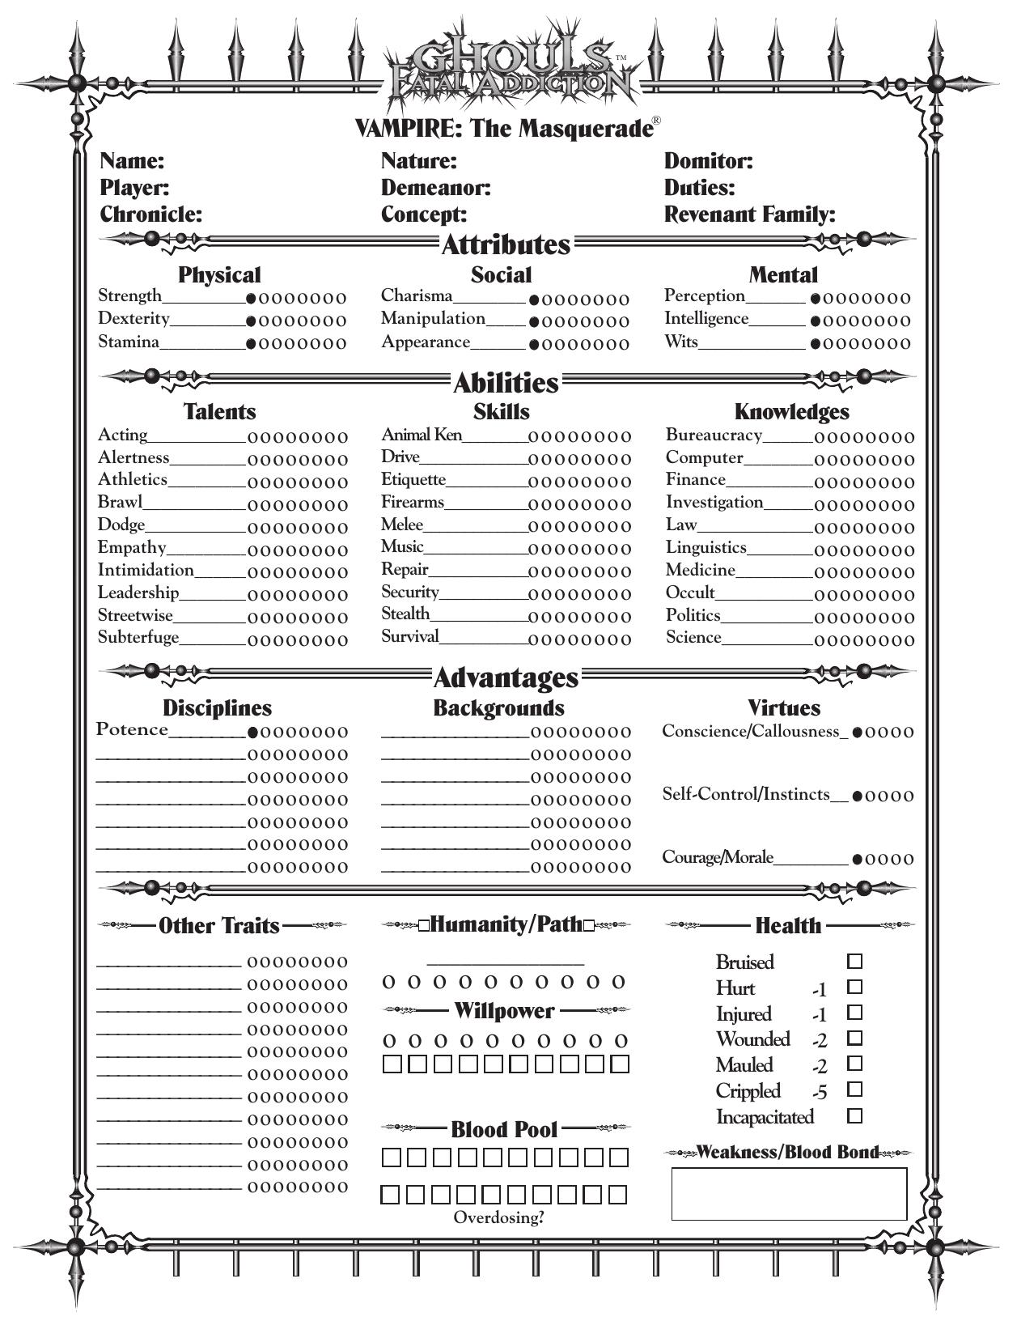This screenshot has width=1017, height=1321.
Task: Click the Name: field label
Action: (x=132, y=161)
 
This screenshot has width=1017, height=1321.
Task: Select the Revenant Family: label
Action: (x=749, y=215)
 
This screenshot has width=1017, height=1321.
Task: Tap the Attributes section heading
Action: (x=506, y=244)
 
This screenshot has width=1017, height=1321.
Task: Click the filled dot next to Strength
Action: (x=252, y=299)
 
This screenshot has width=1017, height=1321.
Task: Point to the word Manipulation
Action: (x=433, y=319)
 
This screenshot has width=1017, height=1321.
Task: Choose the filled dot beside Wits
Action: (x=816, y=344)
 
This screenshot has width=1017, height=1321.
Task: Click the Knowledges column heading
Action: (x=791, y=412)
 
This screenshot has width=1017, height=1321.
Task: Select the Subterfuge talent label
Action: (x=138, y=637)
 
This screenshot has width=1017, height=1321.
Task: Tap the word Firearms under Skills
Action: (x=413, y=502)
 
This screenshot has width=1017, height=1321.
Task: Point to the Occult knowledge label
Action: (x=690, y=593)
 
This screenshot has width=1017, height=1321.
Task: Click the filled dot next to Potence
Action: (x=252, y=733)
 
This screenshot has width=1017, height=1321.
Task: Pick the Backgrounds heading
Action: (x=498, y=708)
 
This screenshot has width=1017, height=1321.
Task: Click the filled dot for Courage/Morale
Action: (x=857, y=860)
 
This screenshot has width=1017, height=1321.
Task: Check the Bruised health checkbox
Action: (x=854, y=962)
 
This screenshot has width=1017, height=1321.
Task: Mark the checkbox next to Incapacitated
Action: (x=854, y=1116)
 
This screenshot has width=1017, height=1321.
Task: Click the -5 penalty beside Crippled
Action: (x=820, y=1093)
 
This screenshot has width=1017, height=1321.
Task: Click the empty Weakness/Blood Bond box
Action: (x=789, y=1194)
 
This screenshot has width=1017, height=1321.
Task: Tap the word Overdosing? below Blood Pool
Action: (x=498, y=1217)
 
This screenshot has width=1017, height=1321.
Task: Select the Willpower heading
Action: (x=504, y=1011)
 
